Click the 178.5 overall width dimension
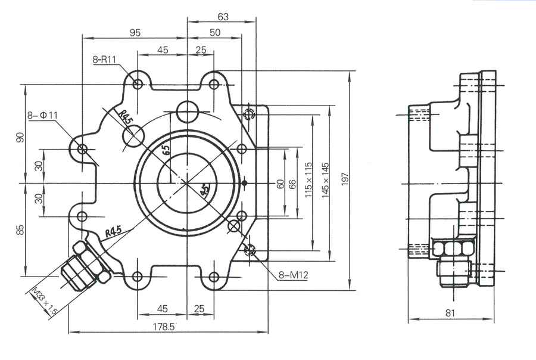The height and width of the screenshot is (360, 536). [164, 327]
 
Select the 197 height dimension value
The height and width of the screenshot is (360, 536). [345, 179]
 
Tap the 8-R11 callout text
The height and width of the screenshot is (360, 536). [104, 60]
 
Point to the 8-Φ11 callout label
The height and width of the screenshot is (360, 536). [42, 115]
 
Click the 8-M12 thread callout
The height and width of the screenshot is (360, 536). [294, 274]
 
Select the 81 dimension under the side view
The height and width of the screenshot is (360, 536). [450, 312]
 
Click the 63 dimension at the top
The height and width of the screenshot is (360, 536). [223, 17]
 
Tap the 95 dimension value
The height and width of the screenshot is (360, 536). [135, 33]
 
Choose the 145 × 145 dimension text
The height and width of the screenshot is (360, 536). [325, 180]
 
